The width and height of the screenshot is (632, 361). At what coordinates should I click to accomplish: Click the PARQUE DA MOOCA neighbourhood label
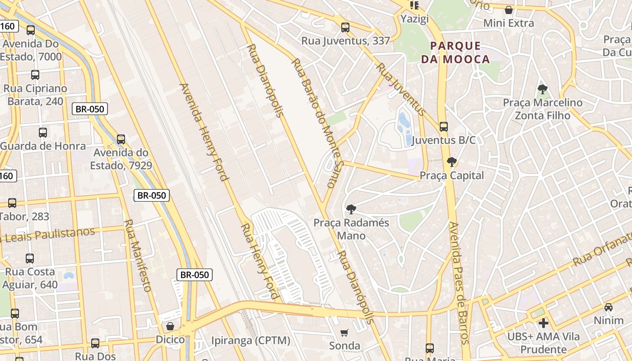(455, 52)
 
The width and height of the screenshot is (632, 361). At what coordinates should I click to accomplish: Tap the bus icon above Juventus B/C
(444, 127)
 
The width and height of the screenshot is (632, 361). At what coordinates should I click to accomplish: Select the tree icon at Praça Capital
(451, 162)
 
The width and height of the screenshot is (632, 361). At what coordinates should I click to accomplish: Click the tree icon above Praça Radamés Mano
(351, 209)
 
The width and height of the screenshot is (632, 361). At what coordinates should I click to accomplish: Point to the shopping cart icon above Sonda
(344, 333)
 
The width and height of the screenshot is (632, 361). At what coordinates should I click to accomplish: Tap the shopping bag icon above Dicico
(170, 326)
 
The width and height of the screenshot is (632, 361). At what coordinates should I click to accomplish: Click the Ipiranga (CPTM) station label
(251, 340)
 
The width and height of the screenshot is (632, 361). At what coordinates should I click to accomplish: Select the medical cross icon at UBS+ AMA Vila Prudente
(544, 323)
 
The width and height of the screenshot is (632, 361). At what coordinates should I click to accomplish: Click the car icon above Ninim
(609, 307)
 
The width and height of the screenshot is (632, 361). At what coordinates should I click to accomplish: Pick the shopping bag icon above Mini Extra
(509, 9)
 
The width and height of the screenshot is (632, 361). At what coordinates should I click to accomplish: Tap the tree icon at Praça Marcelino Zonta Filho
(543, 89)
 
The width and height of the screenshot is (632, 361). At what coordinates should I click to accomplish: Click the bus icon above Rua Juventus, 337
(345, 28)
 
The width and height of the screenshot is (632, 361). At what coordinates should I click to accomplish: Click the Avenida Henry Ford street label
(204, 131)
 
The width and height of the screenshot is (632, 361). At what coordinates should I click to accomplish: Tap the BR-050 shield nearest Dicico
(194, 274)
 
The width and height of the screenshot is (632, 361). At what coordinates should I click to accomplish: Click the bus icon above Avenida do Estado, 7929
(121, 139)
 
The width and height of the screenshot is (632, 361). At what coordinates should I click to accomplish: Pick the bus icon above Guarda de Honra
(43, 133)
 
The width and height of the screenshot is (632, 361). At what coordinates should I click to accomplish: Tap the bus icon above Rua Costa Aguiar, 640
(30, 259)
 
